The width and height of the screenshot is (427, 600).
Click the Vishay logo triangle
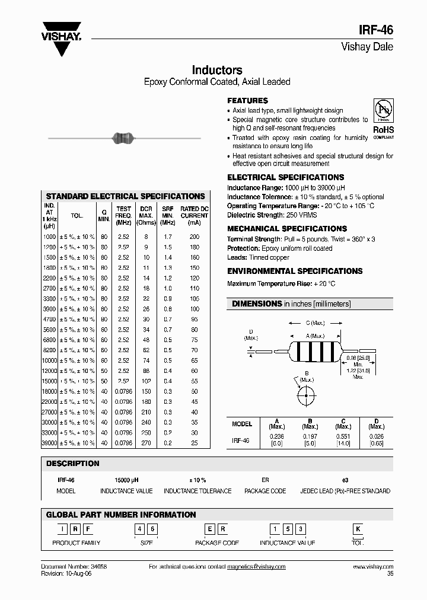point(61,44)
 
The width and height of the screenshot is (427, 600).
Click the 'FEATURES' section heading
point(248,101)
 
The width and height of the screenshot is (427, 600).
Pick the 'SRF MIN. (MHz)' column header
point(168,216)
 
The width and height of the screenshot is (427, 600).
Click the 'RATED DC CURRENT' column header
point(195,216)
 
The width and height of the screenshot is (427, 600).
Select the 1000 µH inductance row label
point(49,237)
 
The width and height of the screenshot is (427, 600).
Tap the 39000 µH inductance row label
point(49,443)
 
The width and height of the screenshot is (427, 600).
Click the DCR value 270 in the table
point(145,443)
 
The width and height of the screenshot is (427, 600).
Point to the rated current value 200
point(195,237)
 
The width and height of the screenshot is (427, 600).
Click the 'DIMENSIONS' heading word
point(256,304)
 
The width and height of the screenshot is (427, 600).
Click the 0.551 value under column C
point(343,436)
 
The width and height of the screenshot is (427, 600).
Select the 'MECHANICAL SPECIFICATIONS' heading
point(287,228)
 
